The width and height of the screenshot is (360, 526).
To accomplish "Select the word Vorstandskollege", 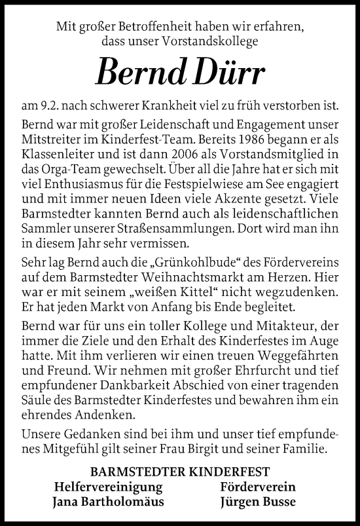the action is (215, 43).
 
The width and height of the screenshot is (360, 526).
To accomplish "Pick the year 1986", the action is (244, 137).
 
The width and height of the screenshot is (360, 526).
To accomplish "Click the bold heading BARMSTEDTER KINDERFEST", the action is (180, 471).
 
